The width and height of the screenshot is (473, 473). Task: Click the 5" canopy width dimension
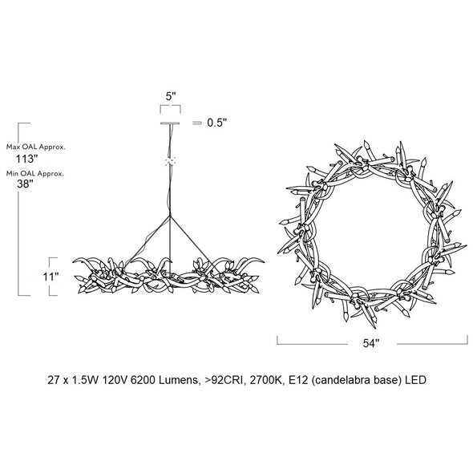point(170,96)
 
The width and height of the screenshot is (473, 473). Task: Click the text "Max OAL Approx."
point(35,147)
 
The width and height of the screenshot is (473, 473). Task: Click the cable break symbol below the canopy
point(169,162)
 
